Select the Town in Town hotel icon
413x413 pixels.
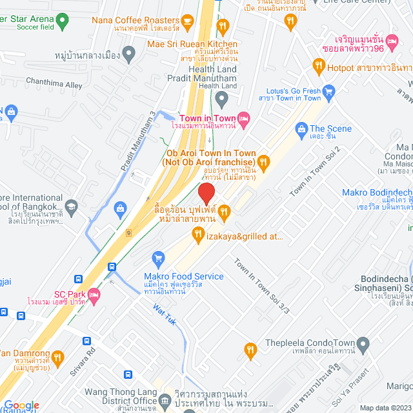[243, 118]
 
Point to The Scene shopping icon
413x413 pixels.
[301, 129]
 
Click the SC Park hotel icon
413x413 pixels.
[94, 294]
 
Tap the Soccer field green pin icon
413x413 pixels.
[62, 20]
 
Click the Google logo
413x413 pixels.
[21, 405]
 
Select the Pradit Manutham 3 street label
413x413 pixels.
[139, 142]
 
